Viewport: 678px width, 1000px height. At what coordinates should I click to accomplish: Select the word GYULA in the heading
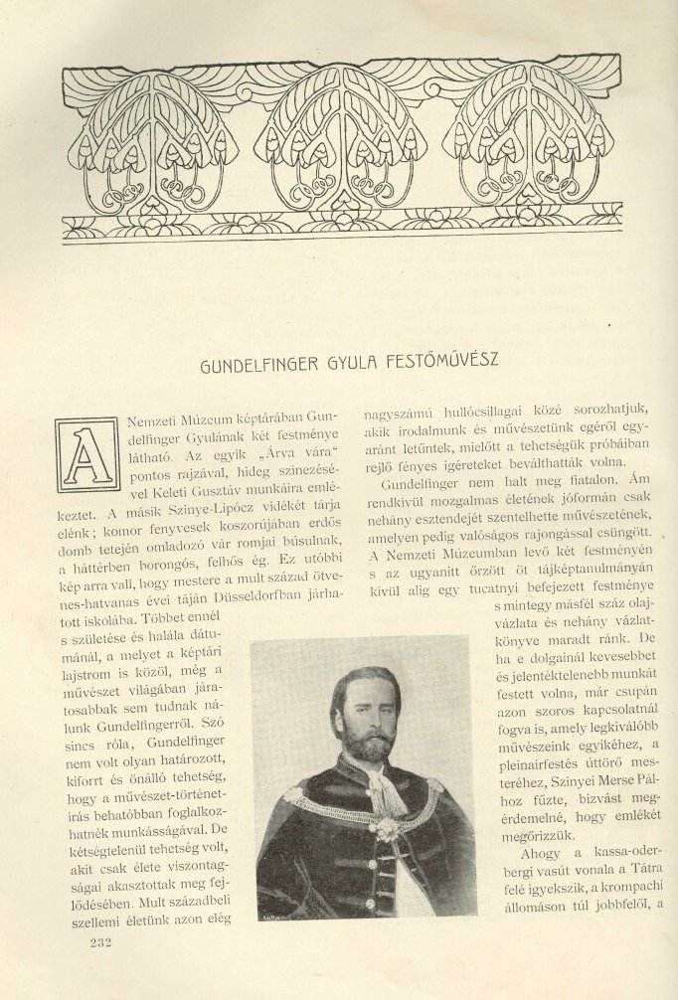pyautogui.click(x=347, y=364)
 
